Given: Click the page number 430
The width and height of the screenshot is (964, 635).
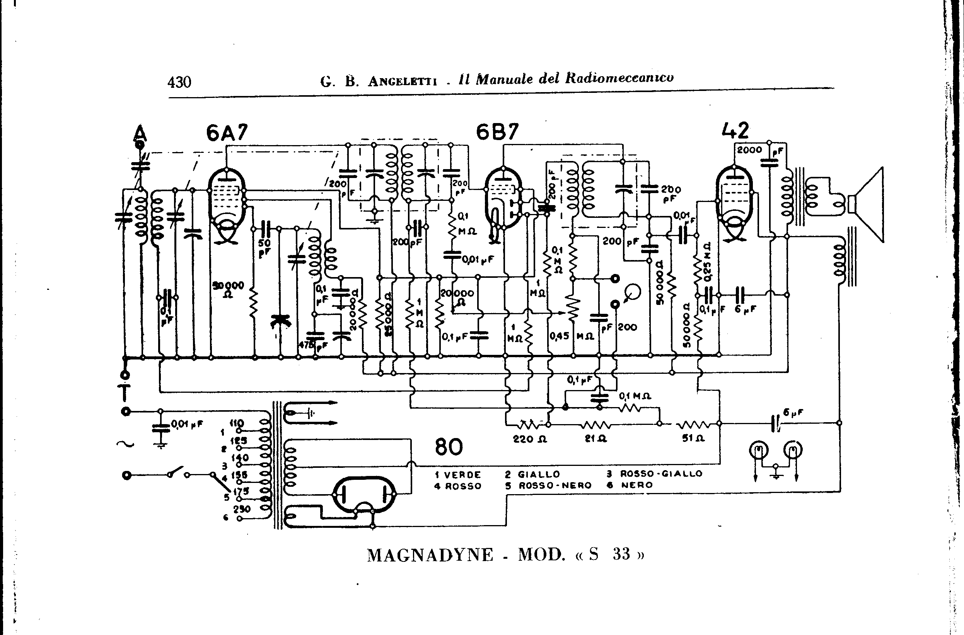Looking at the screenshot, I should click(179, 82).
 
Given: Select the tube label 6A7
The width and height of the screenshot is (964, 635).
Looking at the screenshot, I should click(227, 132).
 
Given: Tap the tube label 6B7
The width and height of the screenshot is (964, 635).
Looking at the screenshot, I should click(497, 132).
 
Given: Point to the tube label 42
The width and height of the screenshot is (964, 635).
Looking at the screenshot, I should click(735, 130).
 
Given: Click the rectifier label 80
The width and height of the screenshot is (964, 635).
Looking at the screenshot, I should click(449, 447).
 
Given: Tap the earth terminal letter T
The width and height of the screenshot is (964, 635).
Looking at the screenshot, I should click(125, 392).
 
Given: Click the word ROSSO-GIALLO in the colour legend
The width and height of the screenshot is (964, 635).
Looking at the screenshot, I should click(661, 473).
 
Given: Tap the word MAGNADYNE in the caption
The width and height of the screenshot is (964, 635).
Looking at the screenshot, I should click(430, 555).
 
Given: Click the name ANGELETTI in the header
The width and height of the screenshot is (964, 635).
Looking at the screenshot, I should click(402, 81).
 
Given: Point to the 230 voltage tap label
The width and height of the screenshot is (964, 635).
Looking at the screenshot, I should click(242, 509).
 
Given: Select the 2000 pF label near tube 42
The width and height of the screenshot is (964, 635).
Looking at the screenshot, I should click(749, 150).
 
